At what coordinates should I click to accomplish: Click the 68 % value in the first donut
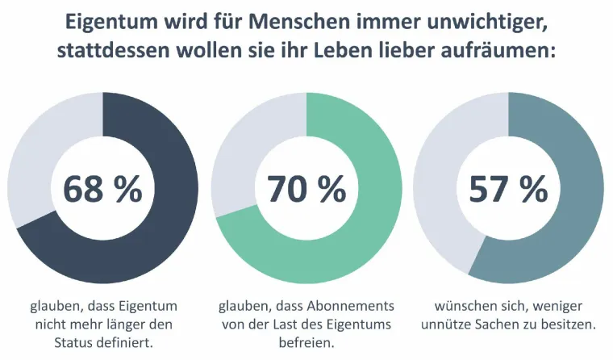click(x=102, y=189)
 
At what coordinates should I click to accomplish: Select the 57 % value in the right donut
click(x=509, y=189)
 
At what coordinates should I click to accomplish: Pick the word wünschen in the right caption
click(x=464, y=307)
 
